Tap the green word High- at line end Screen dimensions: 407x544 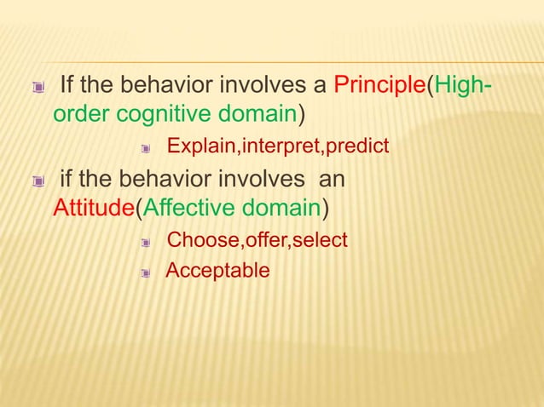tap(465, 87)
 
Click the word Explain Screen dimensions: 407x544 tap(201, 147)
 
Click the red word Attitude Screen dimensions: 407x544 tap(89, 207)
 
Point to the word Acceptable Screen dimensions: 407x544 tap(217, 272)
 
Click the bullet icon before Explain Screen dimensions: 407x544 tap(146, 149)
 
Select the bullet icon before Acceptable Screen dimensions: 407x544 tap(146, 273)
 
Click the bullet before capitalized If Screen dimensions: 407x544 tap(37, 88)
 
